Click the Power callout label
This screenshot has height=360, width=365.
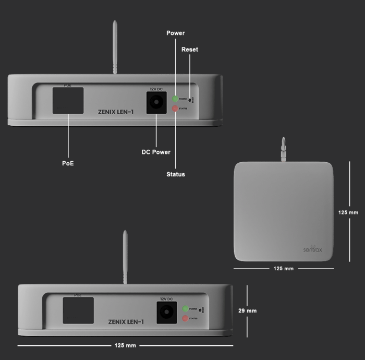[176, 33]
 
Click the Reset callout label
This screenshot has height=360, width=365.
[189, 50]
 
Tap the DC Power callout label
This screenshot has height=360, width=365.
[156, 152]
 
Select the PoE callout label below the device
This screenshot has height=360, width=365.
[68, 163]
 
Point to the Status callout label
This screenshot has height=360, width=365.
[176, 174]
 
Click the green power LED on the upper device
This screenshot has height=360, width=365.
[175, 99]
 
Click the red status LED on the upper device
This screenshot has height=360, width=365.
[175, 109]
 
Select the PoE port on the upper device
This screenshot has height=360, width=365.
[68, 100]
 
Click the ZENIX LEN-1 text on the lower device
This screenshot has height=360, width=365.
[126, 322]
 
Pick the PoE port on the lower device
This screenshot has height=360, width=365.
[78, 310]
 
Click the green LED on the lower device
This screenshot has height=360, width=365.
[185, 309]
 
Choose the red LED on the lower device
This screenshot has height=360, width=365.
[185, 318]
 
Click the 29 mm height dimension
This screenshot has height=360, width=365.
[247, 311]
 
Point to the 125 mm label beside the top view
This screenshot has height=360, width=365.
[348, 212]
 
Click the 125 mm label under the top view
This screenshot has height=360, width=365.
[283, 269]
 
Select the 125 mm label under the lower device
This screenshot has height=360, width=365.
[125, 345]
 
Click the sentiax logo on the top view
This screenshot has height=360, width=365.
[312, 249]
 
